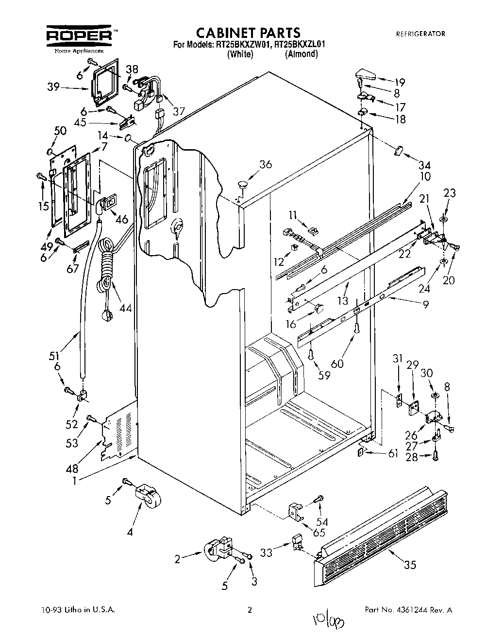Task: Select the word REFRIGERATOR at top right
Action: point(420,34)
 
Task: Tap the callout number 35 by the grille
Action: point(410,565)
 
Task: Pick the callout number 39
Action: point(53,87)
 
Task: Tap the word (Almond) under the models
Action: point(302,54)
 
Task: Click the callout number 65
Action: point(319,532)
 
